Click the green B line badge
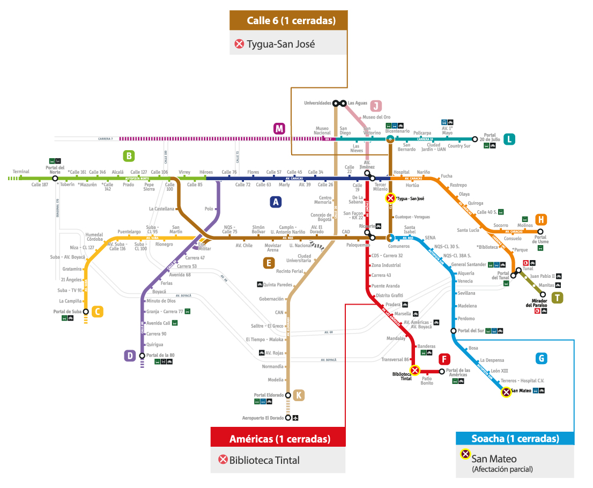(128, 156)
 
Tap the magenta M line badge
(279, 129)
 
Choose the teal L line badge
(510, 139)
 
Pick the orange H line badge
(541, 219)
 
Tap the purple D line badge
(130, 356)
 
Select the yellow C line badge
(97, 312)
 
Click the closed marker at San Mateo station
(506, 392)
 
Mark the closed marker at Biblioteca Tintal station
(414, 371)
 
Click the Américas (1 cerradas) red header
(278, 439)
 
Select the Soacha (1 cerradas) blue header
(515, 439)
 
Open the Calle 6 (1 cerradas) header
(289, 21)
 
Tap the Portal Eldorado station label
(268, 395)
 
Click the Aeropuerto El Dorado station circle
(288, 418)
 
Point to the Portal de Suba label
(67, 311)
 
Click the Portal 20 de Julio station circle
(475, 139)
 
